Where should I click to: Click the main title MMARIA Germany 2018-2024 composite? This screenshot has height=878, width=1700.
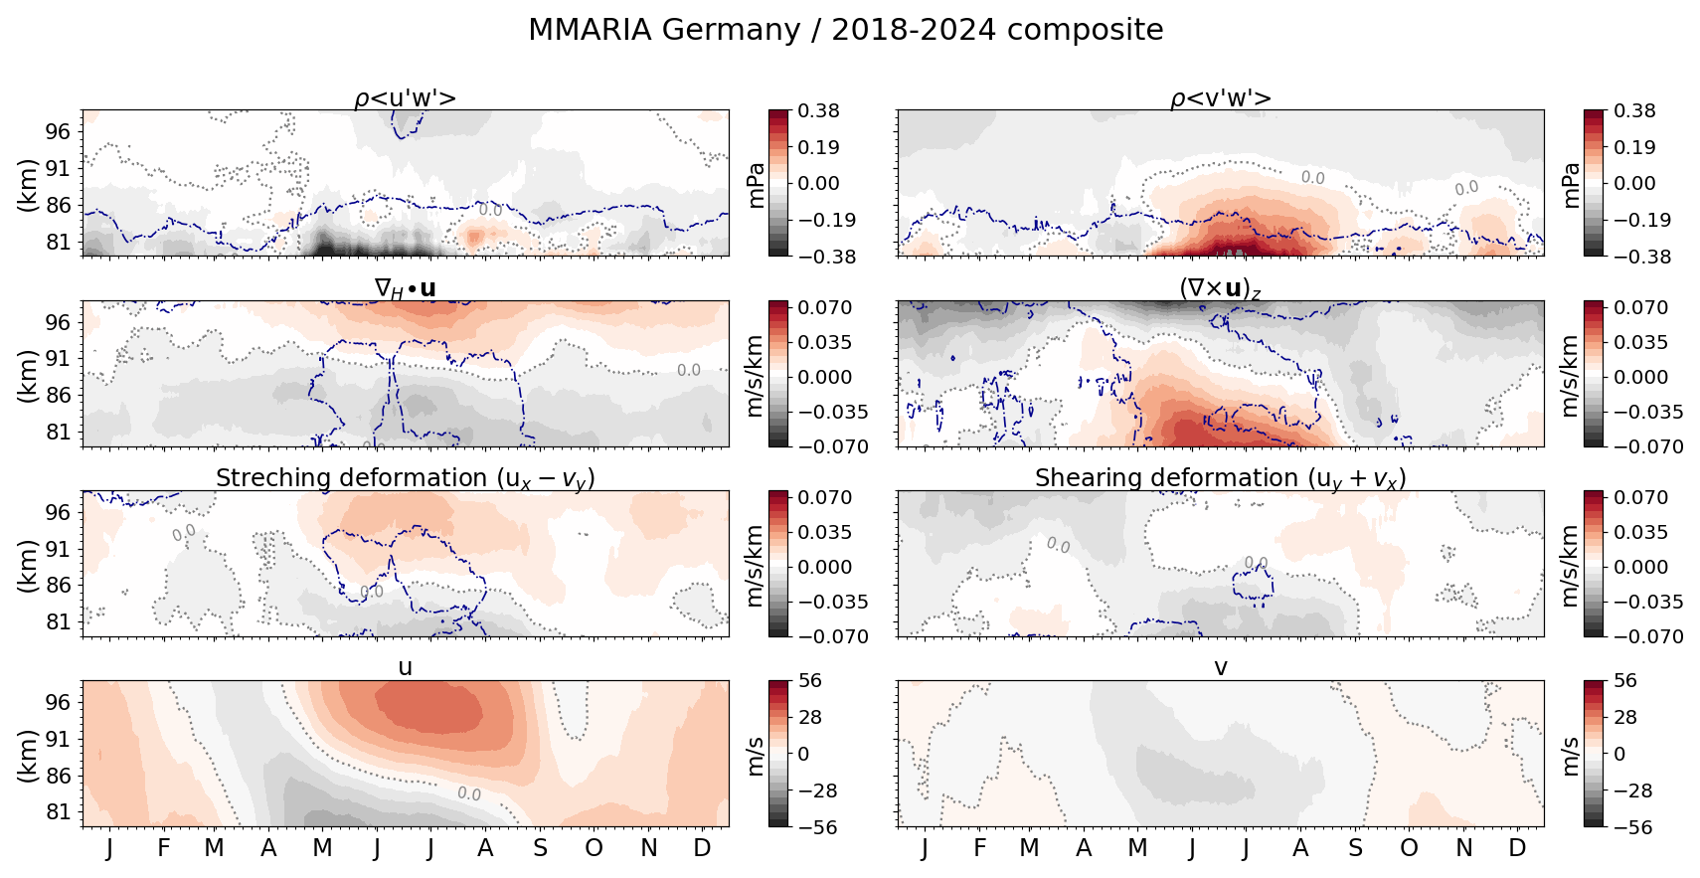(845, 30)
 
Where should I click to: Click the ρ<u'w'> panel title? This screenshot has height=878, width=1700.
(406, 97)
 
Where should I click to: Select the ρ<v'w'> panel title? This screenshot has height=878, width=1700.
(1221, 97)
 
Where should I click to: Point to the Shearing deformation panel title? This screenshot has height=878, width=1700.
(1221, 478)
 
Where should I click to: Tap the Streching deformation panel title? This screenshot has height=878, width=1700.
(406, 478)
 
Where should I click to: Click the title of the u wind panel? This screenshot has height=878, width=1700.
(406, 667)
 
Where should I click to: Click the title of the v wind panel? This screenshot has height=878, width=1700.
(1221, 667)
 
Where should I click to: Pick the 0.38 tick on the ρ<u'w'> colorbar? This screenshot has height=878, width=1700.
(819, 110)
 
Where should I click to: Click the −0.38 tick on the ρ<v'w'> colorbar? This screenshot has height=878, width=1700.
(1630, 257)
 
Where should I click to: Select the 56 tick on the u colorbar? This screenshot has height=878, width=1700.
(810, 681)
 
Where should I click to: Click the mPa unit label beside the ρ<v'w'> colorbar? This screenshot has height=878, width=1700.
(1572, 184)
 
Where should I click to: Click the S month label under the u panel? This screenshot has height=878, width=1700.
(540, 848)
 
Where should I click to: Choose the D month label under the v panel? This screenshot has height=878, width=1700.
(1517, 848)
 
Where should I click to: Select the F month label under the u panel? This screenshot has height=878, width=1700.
(164, 848)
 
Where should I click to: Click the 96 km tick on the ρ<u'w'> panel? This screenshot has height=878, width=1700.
(58, 131)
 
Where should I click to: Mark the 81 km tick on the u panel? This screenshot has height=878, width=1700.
(58, 812)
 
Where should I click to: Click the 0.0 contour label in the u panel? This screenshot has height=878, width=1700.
(469, 793)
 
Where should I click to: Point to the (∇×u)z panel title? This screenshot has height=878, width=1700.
(1221, 288)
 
